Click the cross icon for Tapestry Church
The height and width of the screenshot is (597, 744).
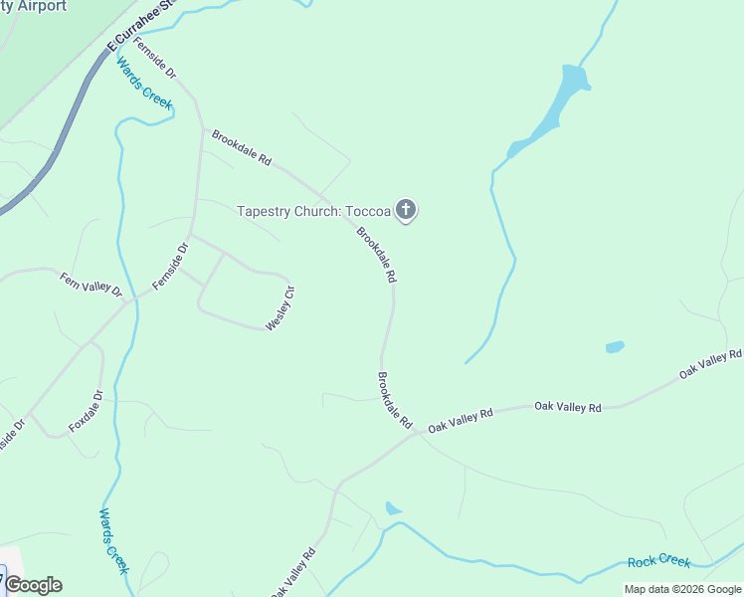[405, 210]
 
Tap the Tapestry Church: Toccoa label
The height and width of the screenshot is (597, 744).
[313, 211]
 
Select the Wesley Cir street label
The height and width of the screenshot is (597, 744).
[280, 307]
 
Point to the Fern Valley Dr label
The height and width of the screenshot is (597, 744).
[90, 285]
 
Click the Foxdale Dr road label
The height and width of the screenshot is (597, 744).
[87, 410]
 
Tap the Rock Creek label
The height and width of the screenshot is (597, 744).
[658, 562]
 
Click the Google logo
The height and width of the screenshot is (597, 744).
[33, 585]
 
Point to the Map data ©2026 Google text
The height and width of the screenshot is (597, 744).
[683, 589]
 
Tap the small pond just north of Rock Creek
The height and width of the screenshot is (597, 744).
[393, 508]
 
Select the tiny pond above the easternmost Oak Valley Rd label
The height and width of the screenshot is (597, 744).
[615, 347]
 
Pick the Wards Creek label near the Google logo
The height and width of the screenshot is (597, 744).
[113, 540]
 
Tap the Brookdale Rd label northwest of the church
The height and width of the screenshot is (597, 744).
[241, 146]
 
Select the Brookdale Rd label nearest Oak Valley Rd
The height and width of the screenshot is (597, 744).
[394, 400]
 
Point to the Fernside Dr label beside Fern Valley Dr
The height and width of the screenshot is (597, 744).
[170, 267]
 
